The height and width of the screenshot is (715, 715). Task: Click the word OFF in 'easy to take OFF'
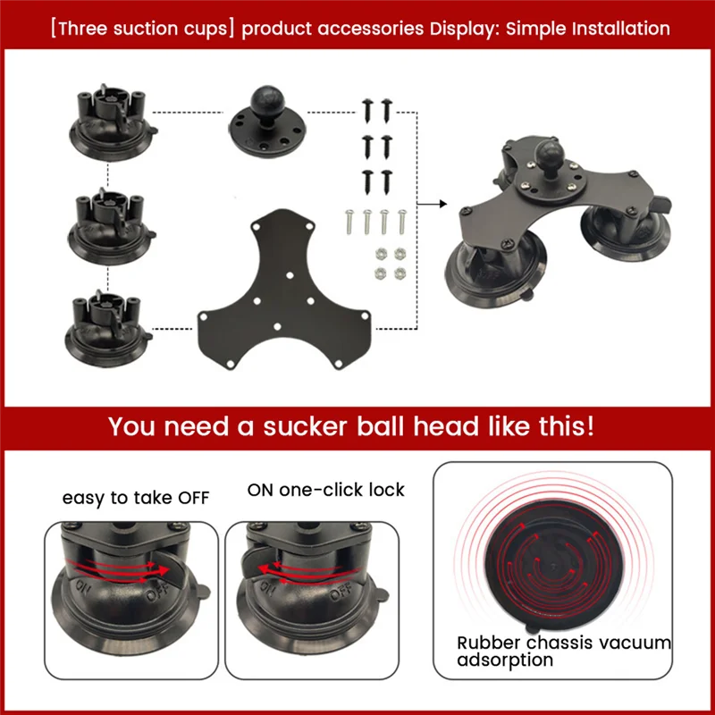click(190, 498)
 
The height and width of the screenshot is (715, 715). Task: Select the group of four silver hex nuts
click(389, 261)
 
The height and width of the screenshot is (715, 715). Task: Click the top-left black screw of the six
click(367, 109)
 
